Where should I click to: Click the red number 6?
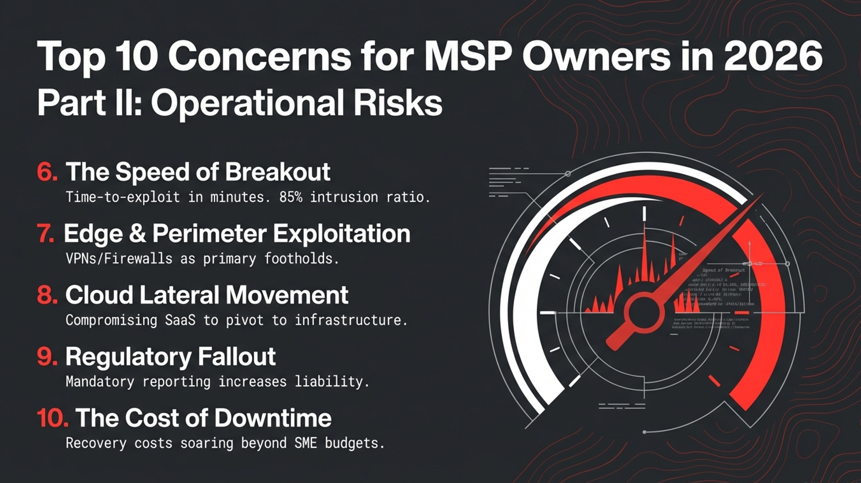pos(47,172)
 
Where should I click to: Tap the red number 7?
pos(46,234)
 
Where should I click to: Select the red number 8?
pos(47,295)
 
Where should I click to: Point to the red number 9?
pos(47,357)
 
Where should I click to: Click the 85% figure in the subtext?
pos(291,197)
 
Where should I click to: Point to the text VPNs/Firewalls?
pos(119,259)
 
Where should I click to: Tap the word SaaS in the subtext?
pos(180,320)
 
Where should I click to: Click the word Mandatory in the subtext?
pos(100,382)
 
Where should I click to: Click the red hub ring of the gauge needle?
pos(643,312)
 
